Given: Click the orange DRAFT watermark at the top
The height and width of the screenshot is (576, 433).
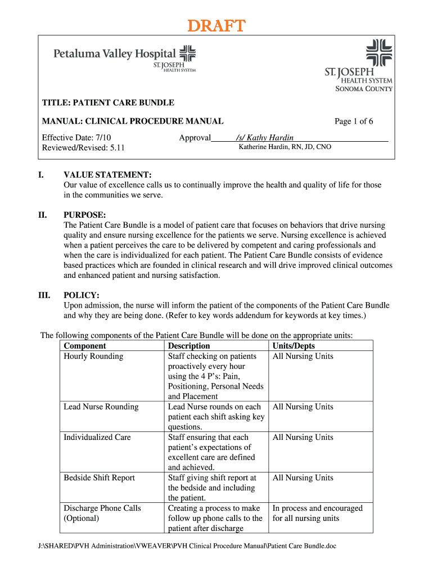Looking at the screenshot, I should point(216,26).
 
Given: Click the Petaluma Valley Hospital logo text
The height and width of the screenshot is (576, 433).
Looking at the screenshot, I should point(114,54).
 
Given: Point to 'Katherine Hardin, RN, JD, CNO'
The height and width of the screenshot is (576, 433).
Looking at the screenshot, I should point(285,147).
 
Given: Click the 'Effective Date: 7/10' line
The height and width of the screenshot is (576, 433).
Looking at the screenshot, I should point(78,138).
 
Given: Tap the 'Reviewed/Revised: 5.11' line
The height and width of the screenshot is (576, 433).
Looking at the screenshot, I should point(83,148).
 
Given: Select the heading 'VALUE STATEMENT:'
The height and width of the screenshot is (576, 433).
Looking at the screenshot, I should point(107,175).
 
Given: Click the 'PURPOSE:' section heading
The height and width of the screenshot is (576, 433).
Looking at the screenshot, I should point(85,215).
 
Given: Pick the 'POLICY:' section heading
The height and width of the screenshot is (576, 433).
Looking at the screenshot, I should point(82,295).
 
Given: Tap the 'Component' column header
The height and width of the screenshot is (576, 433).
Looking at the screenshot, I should point(85,346).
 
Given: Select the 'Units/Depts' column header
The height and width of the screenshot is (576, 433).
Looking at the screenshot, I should point(294,346).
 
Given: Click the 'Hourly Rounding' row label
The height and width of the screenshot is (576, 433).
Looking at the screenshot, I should point(93,356).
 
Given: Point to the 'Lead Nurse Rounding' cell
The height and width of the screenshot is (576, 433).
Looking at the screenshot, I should point(101,407).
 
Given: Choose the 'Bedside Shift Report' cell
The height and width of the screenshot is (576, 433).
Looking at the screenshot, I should point(100,478).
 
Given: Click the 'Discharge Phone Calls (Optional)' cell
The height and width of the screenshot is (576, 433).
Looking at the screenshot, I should point(102,513).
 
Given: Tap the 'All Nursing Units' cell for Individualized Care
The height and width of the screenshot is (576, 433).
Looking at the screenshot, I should point(303,437).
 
